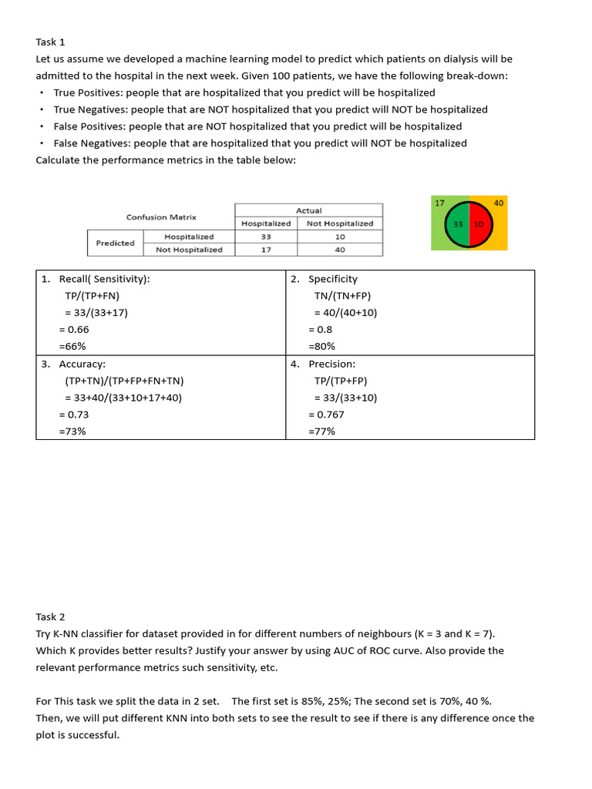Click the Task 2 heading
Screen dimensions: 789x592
pos(50,616)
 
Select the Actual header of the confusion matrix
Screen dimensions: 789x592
pos(308,210)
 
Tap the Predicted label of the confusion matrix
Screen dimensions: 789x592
pos(115,243)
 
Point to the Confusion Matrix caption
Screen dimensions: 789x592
pos(161,217)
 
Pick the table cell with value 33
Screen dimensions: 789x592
pos(266,237)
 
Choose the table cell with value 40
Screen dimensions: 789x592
pos(340,250)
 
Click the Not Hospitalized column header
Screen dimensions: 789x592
pos(340,223)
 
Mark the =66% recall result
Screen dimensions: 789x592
pos(72,347)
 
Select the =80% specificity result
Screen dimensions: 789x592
pos(321,347)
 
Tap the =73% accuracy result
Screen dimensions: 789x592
pos(72,431)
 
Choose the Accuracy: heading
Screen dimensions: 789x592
pos(82,364)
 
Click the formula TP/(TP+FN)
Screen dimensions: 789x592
pos(92,296)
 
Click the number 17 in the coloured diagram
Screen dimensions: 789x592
pos(439,203)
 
